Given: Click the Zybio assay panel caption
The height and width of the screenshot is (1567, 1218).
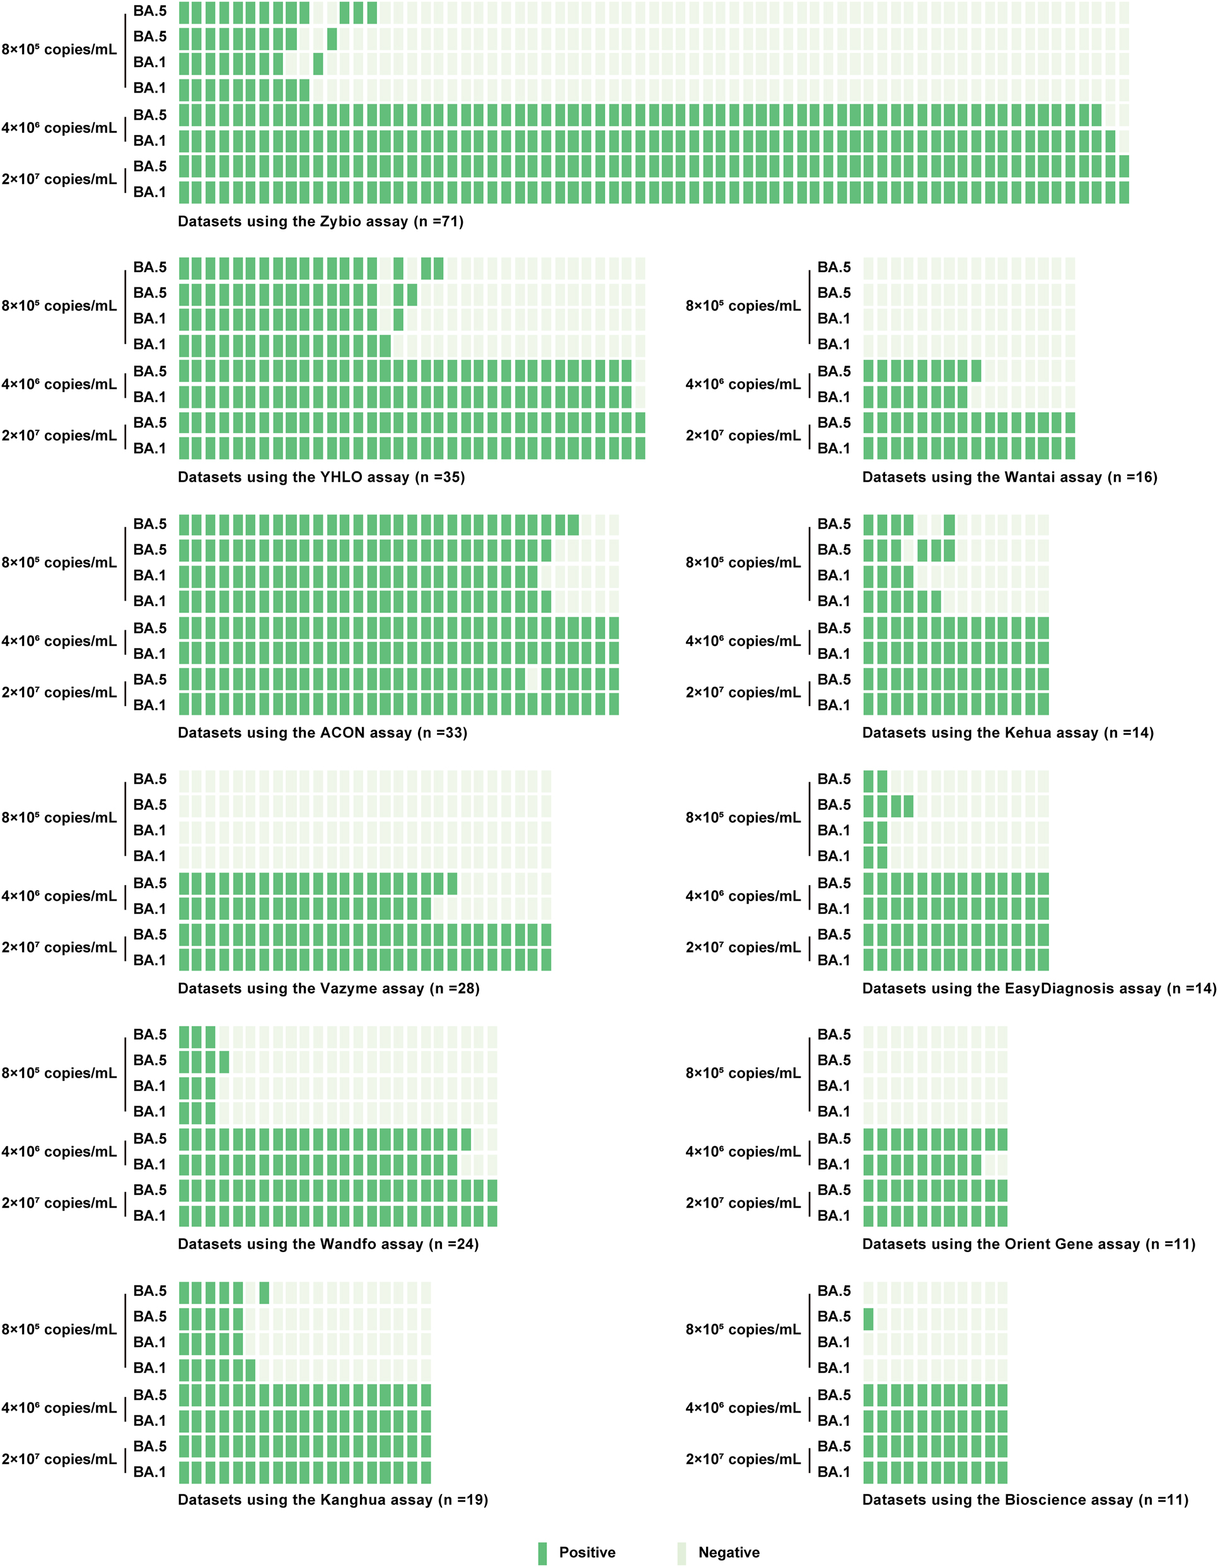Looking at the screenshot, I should pos(321,222).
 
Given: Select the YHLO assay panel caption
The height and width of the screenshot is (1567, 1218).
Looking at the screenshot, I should pos(322,478).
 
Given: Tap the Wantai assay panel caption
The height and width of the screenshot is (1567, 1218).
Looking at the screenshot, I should pos(1009,478).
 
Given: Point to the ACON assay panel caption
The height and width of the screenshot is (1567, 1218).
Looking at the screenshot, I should pos(322,733).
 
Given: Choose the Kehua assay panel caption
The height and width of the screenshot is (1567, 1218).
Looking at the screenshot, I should pos(1007,733).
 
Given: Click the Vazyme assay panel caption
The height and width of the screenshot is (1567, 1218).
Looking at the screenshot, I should pos(328,989).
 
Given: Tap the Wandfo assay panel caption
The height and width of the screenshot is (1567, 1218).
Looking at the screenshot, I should pos(328,1244).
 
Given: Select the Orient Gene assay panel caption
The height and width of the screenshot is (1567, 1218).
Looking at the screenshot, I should pos(1028,1244).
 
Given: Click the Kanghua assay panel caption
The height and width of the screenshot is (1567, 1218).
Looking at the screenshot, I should pos(333,1500).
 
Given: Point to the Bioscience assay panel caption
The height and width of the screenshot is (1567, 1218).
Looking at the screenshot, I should pos(1025,1500).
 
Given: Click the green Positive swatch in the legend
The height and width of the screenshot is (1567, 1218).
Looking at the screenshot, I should pos(543,1553).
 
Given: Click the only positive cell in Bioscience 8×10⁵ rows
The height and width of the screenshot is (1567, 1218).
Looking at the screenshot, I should pos(869,1319).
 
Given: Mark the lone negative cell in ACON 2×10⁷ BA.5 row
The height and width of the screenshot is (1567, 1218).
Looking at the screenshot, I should pos(533,679).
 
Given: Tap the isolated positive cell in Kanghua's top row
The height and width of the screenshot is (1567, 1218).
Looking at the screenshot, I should pos(264,1293).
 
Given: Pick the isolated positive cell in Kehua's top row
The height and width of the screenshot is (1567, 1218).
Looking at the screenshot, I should pos(949,525).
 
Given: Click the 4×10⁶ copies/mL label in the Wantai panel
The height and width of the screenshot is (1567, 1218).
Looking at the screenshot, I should pos(743,385).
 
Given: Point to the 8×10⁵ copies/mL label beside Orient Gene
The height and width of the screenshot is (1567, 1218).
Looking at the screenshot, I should pos(743,1073).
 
